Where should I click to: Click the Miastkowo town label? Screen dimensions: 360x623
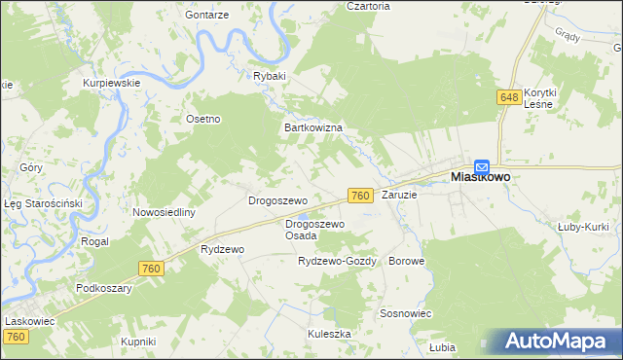[x=482, y=179]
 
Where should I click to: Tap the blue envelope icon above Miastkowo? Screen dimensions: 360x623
[x=482, y=166]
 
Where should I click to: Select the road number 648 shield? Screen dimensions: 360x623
[x=508, y=97]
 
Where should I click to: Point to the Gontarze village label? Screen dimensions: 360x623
[x=207, y=17]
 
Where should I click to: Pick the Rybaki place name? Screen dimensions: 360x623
[x=270, y=76]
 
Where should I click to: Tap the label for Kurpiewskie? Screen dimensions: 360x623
[x=112, y=83]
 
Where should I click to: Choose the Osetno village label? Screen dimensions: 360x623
[x=204, y=119]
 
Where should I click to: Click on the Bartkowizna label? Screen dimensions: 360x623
[x=311, y=127]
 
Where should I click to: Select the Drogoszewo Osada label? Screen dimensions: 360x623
[x=314, y=230]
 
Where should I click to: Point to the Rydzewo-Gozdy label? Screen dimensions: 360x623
[x=337, y=262]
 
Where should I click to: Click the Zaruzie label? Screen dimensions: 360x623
[x=399, y=195]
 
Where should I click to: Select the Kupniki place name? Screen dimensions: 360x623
[x=138, y=341]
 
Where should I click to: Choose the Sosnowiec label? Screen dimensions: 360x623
[x=406, y=314]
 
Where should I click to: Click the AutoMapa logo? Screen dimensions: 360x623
[x=559, y=341]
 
